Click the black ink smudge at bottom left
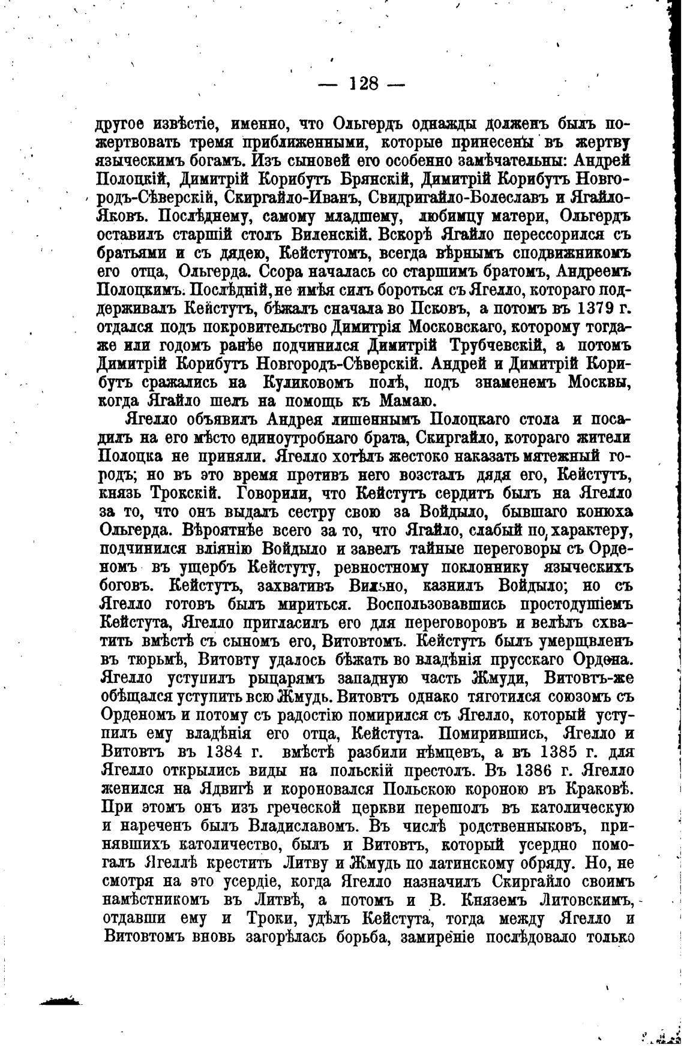coord(60,999)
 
